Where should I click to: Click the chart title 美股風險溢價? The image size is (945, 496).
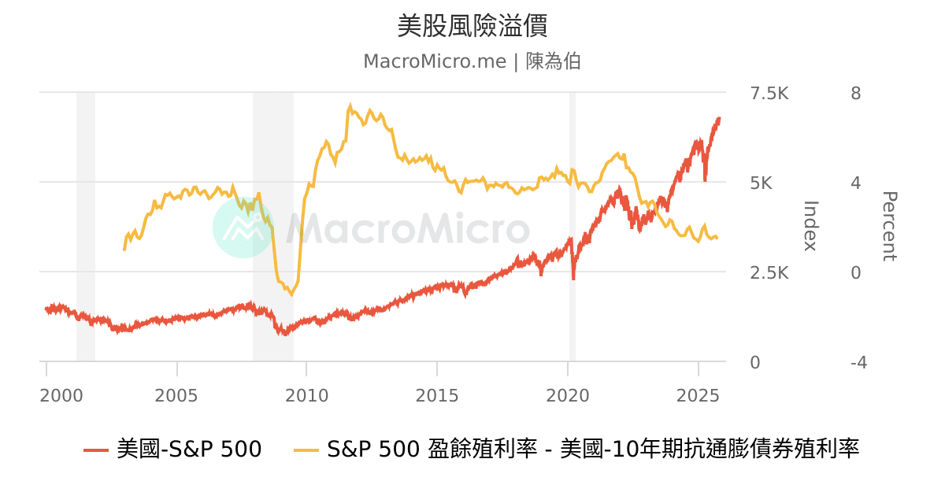(x=472, y=26)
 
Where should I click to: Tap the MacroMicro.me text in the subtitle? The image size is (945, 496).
(x=434, y=61)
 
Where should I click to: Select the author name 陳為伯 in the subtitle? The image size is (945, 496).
(x=553, y=61)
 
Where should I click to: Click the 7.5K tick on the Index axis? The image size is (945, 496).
(x=769, y=94)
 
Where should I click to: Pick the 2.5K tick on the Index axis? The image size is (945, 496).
(x=769, y=273)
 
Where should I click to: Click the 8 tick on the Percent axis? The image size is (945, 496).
(x=855, y=94)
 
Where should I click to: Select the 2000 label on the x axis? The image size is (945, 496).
(x=61, y=394)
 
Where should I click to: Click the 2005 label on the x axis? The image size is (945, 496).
(x=177, y=394)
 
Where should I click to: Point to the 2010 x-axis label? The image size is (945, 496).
(x=307, y=394)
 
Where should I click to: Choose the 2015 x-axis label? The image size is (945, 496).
(x=437, y=394)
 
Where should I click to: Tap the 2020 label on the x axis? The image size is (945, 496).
(x=568, y=394)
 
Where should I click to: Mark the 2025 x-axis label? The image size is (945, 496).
(x=698, y=394)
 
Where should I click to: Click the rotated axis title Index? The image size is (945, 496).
(x=810, y=226)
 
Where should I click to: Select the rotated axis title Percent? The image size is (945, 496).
(x=889, y=226)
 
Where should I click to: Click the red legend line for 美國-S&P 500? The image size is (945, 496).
(x=95, y=450)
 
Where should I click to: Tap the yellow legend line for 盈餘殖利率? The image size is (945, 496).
(x=306, y=450)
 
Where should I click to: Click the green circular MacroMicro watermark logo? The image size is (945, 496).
(x=243, y=227)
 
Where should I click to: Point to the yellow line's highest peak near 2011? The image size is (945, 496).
(x=350, y=105)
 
